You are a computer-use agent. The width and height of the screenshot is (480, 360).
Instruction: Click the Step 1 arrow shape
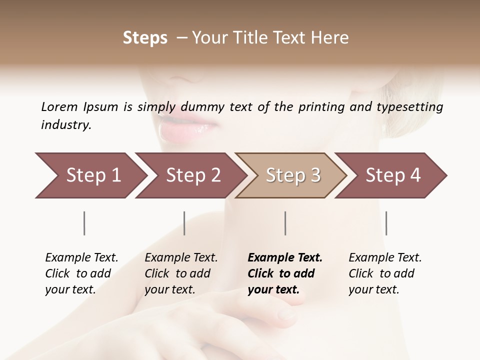[x=90, y=175]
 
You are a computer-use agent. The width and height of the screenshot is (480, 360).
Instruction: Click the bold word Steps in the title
[x=145, y=38]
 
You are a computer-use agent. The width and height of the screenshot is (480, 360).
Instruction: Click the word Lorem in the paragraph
[x=59, y=107]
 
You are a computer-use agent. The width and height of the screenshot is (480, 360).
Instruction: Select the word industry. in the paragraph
[x=66, y=125]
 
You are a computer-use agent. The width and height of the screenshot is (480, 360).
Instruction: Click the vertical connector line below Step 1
[x=84, y=223]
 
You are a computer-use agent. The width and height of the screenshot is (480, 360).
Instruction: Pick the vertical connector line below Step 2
[x=184, y=223]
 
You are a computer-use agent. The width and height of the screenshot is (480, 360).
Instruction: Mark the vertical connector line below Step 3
[x=285, y=223]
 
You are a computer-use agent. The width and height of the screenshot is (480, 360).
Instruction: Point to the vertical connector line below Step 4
[x=386, y=223]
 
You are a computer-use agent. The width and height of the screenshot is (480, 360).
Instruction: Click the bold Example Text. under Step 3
[x=285, y=257]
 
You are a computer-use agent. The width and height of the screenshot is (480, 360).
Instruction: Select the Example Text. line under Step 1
[x=81, y=257]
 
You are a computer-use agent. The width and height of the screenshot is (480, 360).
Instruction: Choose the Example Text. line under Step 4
[x=385, y=257]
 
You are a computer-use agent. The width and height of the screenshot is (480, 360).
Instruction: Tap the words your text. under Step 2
[x=169, y=289]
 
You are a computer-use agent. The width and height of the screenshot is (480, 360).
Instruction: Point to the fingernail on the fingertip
[x=286, y=314]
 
